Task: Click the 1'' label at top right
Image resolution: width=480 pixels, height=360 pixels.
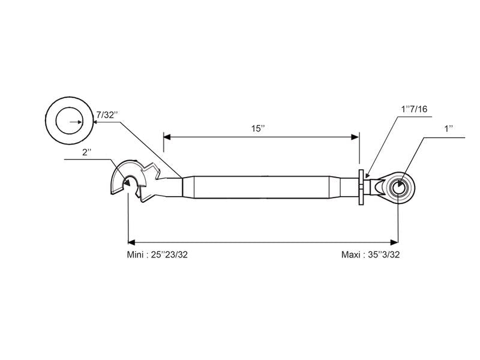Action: coord(448,129)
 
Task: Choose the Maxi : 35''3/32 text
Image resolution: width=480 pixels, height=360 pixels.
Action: coord(370,254)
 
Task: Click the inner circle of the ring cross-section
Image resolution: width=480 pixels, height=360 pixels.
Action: coord(70,122)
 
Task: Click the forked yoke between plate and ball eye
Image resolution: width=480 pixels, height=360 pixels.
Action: coord(378,187)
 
